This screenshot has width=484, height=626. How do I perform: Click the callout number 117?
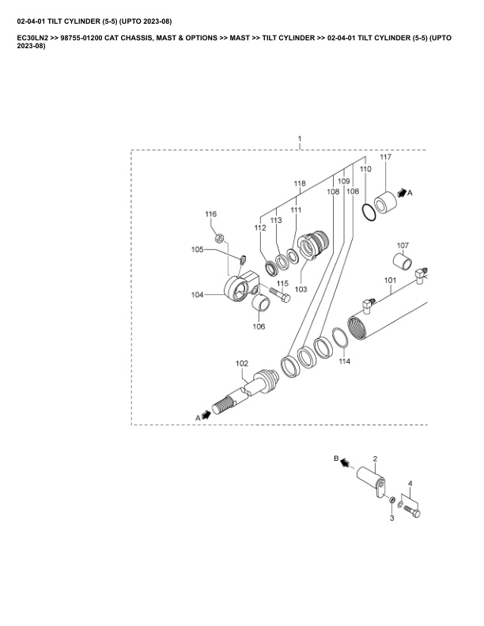click(386, 158)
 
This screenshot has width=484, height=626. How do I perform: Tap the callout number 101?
click(390, 280)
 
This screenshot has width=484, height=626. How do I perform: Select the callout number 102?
click(242, 364)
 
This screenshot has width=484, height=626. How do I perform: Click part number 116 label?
click(210, 215)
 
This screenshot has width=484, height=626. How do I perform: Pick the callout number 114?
click(344, 362)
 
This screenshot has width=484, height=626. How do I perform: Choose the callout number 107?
click(402, 245)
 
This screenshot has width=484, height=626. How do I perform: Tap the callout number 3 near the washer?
click(391, 517)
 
